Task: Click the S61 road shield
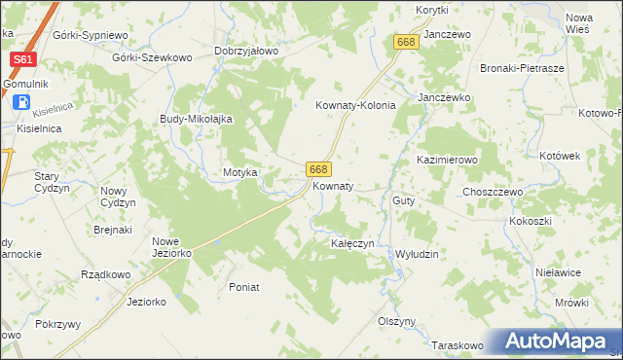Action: tap(23, 60)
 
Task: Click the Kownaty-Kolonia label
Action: tap(355, 106)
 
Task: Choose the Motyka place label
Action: tap(239, 172)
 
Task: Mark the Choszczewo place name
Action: tap(493, 193)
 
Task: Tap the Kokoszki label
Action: tap(530, 221)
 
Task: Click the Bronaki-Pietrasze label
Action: tap(523, 69)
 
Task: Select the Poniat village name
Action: tap(243, 286)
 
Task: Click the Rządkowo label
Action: tap(107, 274)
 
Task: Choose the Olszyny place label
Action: tap(396, 321)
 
